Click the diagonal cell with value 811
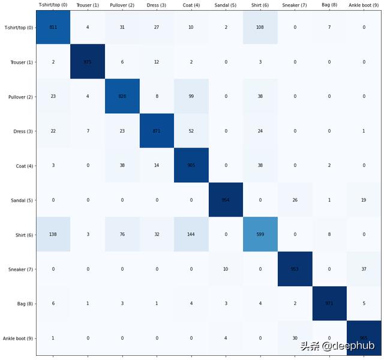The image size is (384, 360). (53, 28)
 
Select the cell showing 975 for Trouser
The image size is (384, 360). (88, 62)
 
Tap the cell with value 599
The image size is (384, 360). (260, 235)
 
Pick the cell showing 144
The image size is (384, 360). (191, 235)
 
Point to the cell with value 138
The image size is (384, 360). (53, 235)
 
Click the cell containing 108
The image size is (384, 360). (260, 28)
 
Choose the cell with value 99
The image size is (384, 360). (191, 97)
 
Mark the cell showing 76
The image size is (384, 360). (122, 235)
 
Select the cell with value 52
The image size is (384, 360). (191, 131)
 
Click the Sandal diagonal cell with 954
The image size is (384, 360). (226, 200)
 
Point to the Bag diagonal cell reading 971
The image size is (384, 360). (329, 304)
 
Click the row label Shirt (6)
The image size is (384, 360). (21, 235)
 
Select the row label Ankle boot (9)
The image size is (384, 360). (17, 338)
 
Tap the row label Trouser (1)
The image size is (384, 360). (20, 62)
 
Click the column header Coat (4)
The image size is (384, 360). (191, 5)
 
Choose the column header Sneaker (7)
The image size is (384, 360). (295, 5)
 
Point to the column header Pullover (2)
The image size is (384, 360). (122, 5)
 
